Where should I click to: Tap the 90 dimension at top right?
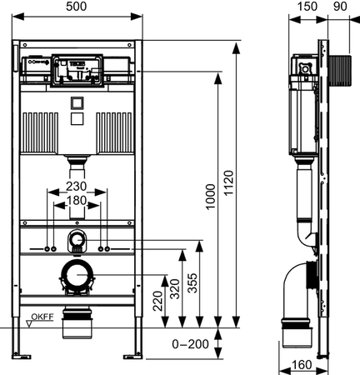(x=338, y=7)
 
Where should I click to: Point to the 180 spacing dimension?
(x=78, y=202)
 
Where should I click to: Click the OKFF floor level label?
(x=42, y=317)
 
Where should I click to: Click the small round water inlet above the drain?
(x=77, y=242)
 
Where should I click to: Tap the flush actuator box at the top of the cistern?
(x=78, y=67)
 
